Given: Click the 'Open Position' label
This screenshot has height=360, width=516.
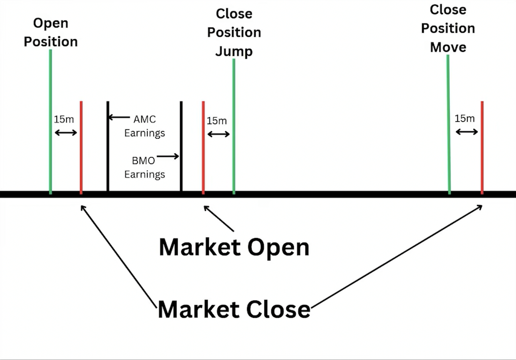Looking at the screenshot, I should (x=50, y=32).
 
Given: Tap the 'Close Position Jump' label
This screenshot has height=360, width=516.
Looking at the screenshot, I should (x=234, y=32).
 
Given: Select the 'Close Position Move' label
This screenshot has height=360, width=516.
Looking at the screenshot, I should (x=447, y=28).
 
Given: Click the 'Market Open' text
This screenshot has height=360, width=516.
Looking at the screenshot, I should (x=234, y=247).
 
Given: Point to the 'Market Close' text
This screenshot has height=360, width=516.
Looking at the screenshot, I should (x=234, y=309).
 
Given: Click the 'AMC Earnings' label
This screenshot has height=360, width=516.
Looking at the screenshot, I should (x=144, y=126).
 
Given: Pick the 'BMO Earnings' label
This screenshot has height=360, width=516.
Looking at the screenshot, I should (x=144, y=167).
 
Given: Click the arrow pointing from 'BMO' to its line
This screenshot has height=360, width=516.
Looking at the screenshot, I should (x=168, y=156).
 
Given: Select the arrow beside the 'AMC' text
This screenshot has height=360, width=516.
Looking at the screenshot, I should (x=119, y=117).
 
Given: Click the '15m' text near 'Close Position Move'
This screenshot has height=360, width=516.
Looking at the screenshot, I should (x=464, y=118).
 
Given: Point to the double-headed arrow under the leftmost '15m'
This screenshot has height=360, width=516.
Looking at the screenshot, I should (x=66, y=133).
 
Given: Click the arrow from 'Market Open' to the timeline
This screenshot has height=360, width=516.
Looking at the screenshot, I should (x=219, y=219).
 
